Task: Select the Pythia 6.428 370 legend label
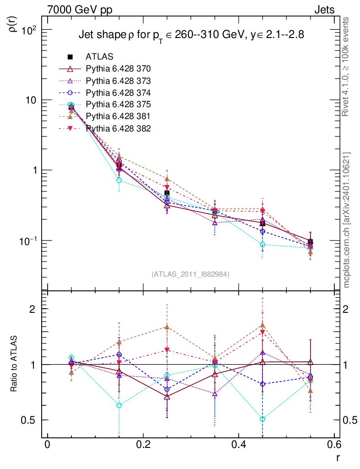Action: point(118,69)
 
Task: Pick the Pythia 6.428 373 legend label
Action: point(118,81)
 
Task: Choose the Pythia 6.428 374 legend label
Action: point(118,93)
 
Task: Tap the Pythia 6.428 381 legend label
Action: point(118,116)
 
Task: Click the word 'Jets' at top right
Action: point(324,10)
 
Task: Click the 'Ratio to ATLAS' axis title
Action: point(14,364)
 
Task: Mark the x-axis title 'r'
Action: point(338,458)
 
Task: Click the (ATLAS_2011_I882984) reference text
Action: point(191,274)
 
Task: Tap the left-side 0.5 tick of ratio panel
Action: point(33,420)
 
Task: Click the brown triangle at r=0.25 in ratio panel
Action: point(167,327)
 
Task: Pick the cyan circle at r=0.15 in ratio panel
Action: point(119,405)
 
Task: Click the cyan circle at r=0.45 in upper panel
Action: point(262,245)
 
